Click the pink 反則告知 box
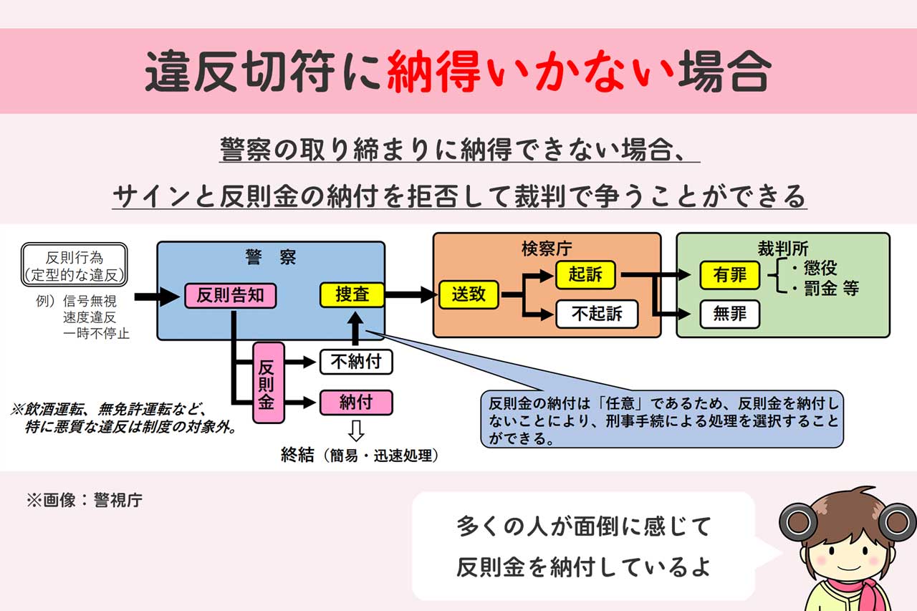[230, 295]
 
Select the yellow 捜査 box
[352, 294]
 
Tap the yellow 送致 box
[469, 294]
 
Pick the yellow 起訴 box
[585, 274]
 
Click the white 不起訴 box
[596, 314]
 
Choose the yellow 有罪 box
[729, 275]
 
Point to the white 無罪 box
[729, 314]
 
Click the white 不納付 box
[356, 362]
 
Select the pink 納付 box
[356, 402]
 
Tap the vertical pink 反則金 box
[268, 382]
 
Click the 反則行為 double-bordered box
[75, 265]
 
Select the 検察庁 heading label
[547, 249]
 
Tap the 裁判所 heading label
[783, 248]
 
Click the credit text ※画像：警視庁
[85, 500]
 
